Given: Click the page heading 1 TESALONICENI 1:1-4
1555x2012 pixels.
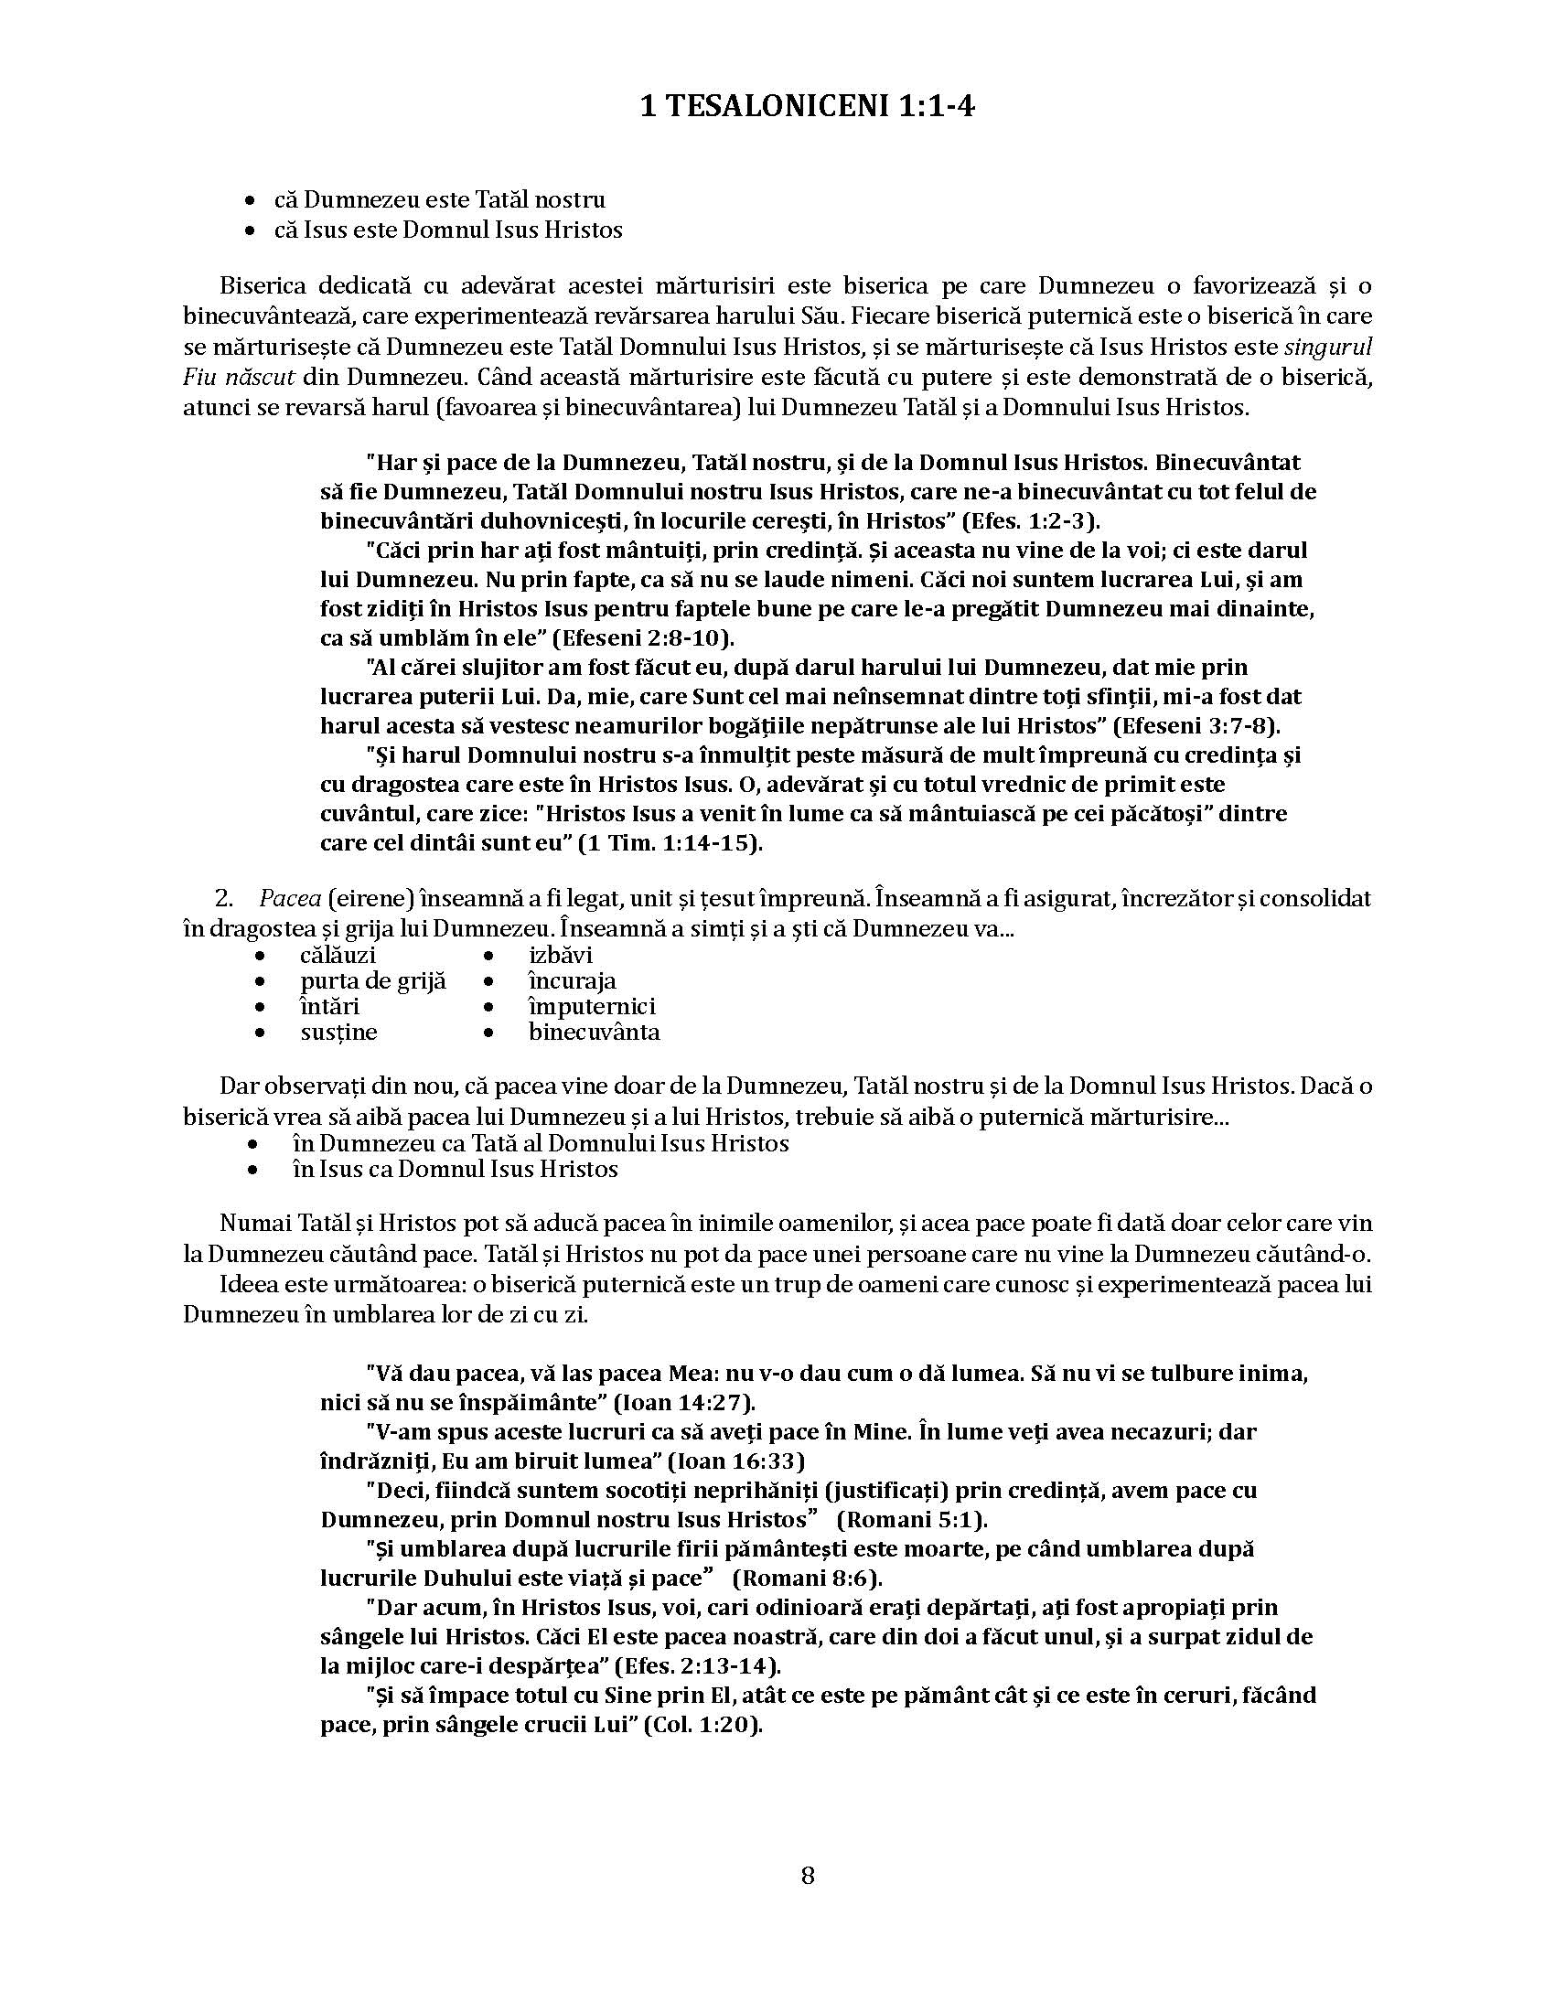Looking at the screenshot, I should (807, 108).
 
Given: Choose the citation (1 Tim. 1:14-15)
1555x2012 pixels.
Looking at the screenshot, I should (670, 843).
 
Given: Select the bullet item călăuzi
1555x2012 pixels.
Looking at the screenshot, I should (338, 956).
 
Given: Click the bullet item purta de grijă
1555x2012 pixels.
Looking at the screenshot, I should (373, 981).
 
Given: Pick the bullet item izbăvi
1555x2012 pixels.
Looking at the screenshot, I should (560, 956).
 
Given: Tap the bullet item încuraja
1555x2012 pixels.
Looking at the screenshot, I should (572, 981).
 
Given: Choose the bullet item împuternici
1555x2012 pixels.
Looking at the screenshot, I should (592, 1006).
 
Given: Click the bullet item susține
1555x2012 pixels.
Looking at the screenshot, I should (339, 1032).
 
